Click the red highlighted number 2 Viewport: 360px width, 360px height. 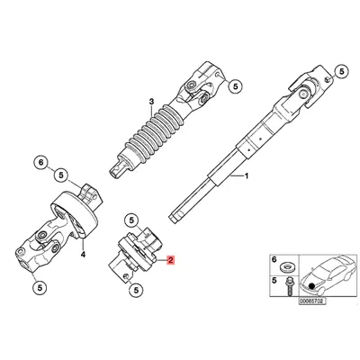coord(171,260)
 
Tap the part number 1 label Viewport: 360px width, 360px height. coord(247,176)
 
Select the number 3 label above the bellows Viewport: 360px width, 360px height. coord(151,102)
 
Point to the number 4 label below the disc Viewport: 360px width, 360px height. coord(83,255)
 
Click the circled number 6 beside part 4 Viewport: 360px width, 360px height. coord(41,163)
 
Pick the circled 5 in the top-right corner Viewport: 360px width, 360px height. coord(341,72)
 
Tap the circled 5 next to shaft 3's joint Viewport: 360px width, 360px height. coord(236,86)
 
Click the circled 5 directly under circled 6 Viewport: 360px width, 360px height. coord(61,175)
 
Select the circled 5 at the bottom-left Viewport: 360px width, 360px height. coord(40,288)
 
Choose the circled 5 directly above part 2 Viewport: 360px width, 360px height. coord(132,220)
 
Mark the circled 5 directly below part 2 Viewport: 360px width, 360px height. coord(136,290)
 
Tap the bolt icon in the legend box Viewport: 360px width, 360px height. coord(290,286)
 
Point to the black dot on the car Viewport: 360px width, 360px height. coord(312,286)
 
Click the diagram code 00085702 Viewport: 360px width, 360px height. coord(311,301)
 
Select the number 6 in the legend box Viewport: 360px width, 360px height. coord(274,259)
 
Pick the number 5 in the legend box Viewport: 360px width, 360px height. coord(274,281)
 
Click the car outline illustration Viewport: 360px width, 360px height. coord(329,274)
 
